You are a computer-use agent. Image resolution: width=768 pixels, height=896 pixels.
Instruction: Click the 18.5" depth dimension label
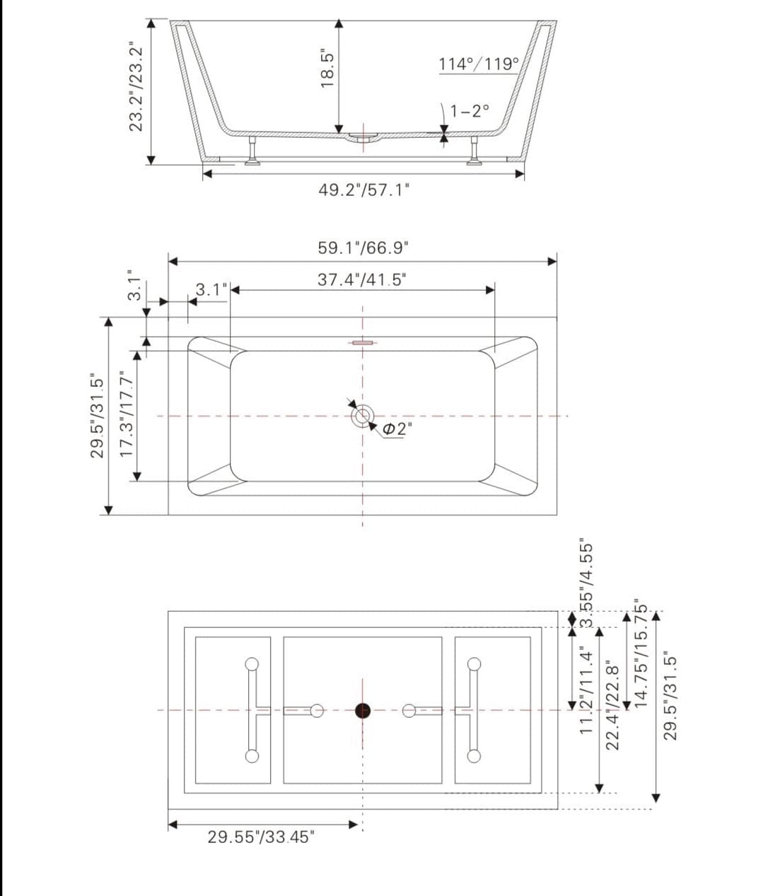(327, 68)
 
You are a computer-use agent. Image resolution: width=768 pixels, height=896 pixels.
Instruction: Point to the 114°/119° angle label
(479, 64)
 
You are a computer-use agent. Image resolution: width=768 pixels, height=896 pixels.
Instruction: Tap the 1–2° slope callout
(470, 110)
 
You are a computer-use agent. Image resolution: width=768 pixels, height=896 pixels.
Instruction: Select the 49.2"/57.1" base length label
(363, 190)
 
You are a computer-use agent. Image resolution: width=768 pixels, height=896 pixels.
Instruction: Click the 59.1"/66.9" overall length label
(363, 248)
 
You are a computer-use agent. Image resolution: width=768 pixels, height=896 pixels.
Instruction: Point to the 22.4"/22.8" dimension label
(613, 704)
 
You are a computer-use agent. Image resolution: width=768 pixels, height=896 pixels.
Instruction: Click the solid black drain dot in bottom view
(363, 711)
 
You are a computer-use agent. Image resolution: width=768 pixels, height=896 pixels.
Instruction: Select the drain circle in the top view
(363, 416)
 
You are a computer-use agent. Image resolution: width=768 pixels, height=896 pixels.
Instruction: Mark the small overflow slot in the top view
(362, 343)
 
